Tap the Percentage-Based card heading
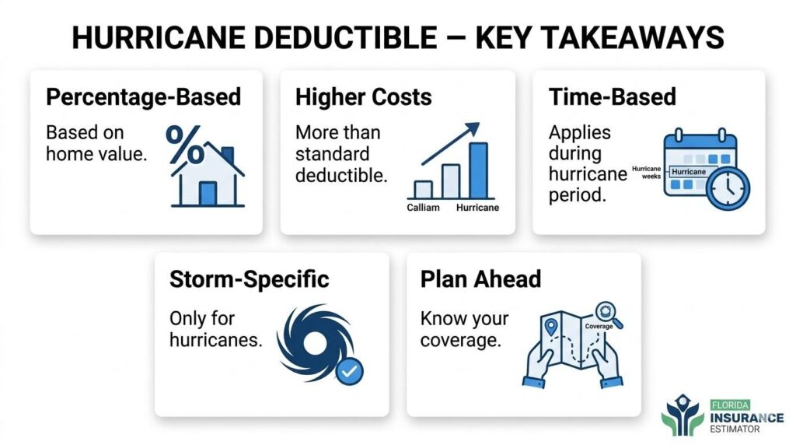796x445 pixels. pyautogui.click(x=144, y=96)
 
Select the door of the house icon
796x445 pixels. pyautogui.click(x=208, y=193)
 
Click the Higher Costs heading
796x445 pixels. pyautogui.click(x=364, y=96)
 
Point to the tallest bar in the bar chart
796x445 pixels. pyautogui.click(x=478, y=170)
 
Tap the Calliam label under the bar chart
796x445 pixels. pyautogui.click(x=423, y=207)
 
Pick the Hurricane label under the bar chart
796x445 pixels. pyautogui.click(x=477, y=207)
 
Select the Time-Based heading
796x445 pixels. pyautogui.click(x=613, y=96)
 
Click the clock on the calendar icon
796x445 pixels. pyautogui.click(x=728, y=188)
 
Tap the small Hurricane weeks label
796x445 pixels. pyautogui.click(x=646, y=172)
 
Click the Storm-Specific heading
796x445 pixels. pyautogui.click(x=250, y=279)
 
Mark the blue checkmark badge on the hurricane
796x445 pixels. pyautogui.click(x=349, y=371)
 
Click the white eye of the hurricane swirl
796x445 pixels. pyautogui.click(x=315, y=344)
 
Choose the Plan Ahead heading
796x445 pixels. pyautogui.click(x=480, y=279)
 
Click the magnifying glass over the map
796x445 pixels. pyautogui.click(x=608, y=314)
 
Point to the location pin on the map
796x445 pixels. pyautogui.click(x=551, y=328)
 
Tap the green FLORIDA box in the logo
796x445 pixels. pyautogui.click(x=730, y=405)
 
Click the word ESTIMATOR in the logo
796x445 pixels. pyautogui.click(x=735, y=429)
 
